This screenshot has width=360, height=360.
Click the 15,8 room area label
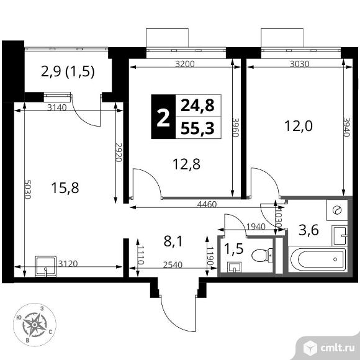[x=65, y=187]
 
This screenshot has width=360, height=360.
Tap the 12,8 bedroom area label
[x=186, y=164]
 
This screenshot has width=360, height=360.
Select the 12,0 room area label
[x=299, y=126]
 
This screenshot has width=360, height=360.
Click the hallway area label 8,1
[x=173, y=241]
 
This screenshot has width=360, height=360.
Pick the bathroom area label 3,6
[x=308, y=230]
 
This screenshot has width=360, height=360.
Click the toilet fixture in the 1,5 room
[x=262, y=255]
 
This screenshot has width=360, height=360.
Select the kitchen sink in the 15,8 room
[x=45, y=266]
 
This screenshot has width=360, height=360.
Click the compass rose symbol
[x=34, y=325]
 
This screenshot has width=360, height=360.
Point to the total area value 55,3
[x=197, y=128]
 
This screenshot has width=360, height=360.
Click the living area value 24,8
[x=197, y=106]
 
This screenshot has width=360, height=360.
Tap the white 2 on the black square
[x=163, y=118]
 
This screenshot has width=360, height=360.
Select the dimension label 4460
[x=207, y=204]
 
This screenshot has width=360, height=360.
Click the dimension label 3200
[x=185, y=63]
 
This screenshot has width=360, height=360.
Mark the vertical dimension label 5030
[x=27, y=189]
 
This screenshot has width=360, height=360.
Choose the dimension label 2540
[x=173, y=264]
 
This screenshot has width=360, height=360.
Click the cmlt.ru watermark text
[x=338, y=348]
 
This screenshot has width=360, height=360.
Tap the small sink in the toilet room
[x=234, y=268]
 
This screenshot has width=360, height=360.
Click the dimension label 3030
[x=300, y=63]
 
